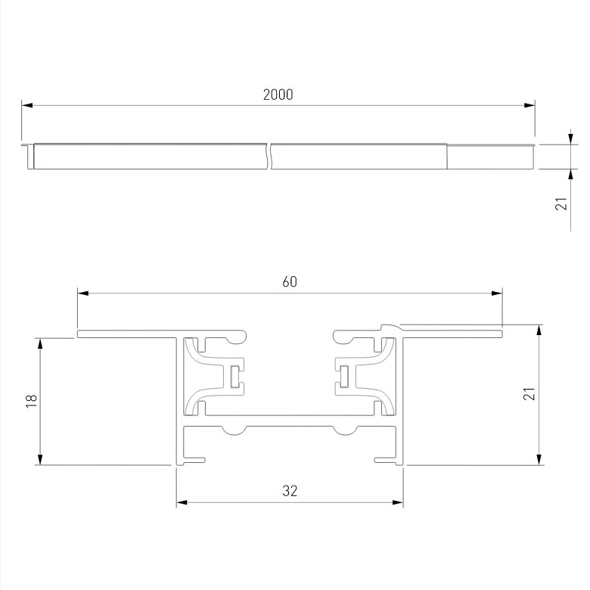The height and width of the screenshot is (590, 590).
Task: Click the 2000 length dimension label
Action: [x=278, y=95]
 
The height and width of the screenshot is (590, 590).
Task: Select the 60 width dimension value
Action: [x=290, y=281]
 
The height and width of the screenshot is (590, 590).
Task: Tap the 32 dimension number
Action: [x=290, y=491]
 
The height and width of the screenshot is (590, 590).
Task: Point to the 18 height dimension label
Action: [x=31, y=401]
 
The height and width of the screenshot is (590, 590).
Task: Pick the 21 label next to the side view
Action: [x=560, y=203]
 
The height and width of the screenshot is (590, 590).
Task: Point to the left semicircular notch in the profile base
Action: [x=234, y=430]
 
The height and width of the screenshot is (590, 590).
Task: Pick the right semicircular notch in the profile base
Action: [x=345, y=430]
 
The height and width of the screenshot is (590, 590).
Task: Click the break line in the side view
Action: [x=269, y=155]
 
